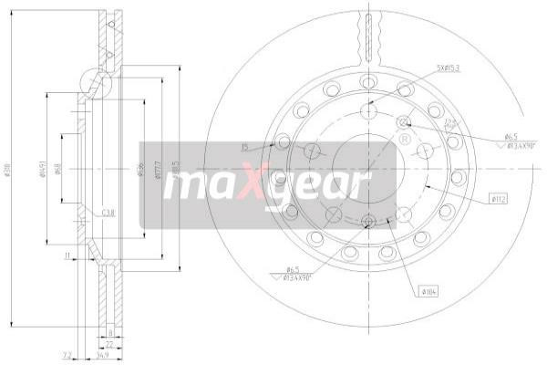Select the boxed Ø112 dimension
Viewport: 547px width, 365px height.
(x=499, y=197)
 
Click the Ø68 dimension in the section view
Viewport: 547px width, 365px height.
(x=59, y=171)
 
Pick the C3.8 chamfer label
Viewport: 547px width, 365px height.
(x=108, y=213)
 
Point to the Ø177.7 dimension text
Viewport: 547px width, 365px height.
(x=160, y=171)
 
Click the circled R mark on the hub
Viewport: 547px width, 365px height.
(x=403, y=140)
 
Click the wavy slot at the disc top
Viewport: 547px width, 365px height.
(x=367, y=32)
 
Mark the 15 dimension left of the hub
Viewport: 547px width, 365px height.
(x=244, y=146)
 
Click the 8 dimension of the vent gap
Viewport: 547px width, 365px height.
(x=109, y=332)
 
